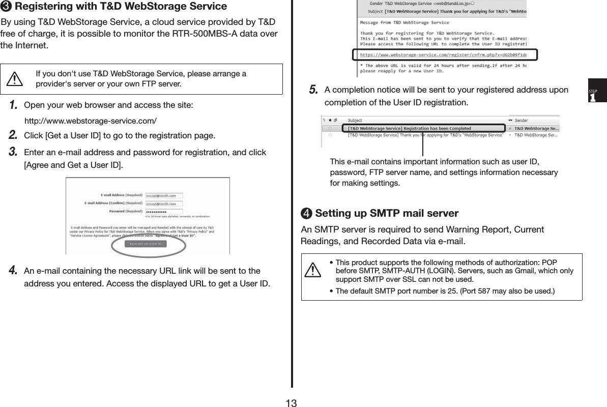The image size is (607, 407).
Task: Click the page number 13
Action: [x=291, y=403]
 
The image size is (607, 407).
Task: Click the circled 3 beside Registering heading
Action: [x=7, y=7]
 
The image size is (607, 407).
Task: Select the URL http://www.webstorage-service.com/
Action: [x=91, y=121]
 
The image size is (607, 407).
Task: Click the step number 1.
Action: [x=14, y=105]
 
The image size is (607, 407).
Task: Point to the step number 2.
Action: [x=14, y=135]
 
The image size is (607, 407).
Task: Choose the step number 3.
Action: [x=14, y=152]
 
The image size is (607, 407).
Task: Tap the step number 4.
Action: [x=14, y=270]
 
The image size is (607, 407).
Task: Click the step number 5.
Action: [x=313, y=90]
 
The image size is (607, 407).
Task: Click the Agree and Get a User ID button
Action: [x=146, y=244]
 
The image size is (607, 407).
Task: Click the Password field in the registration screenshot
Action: [x=164, y=211]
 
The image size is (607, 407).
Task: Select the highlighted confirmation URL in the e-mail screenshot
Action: [x=443, y=54]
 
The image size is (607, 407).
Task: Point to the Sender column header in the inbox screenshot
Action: [x=521, y=121]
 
